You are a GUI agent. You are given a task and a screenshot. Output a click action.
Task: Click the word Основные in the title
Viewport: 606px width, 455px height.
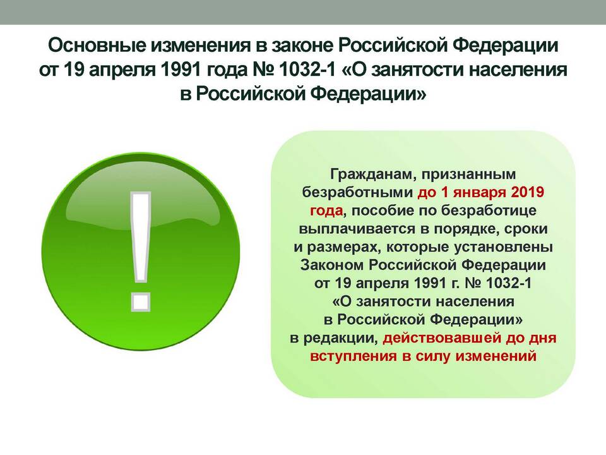click(x=97, y=45)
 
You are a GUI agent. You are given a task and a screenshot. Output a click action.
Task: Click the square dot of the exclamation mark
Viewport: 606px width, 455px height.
click(x=140, y=302)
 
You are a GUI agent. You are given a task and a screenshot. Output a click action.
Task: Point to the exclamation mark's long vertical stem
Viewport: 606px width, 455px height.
click(x=140, y=238)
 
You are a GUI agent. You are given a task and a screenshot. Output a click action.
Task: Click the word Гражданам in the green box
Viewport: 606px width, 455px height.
click(x=372, y=174)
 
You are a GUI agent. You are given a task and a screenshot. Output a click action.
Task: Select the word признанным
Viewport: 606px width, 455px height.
click(x=468, y=175)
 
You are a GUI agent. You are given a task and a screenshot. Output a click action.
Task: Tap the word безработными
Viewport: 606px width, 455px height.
click(x=357, y=192)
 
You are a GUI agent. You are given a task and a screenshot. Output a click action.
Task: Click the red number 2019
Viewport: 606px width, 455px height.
click(x=528, y=192)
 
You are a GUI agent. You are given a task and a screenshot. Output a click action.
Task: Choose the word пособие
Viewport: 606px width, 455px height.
click(x=375, y=211)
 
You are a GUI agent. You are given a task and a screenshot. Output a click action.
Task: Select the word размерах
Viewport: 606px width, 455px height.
click(x=340, y=248)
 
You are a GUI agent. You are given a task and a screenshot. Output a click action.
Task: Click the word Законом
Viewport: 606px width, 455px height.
click(x=333, y=265)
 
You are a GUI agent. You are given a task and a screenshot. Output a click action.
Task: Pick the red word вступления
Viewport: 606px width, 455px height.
click(x=353, y=356)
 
